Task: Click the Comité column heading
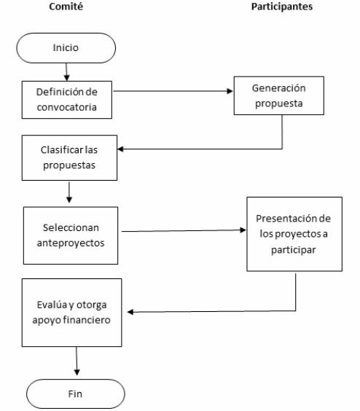pyautogui.click(x=66, y=7)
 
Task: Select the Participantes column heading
pyautogui.click(x=282, y=7)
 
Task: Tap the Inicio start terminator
pyautogui.click(x=66, y=48)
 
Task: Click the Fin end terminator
pyautogui.click(x=76, y=394)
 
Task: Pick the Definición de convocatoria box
pyautogui.click(x=67, y=100)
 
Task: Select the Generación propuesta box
pyautogui.click(x=278, y=95)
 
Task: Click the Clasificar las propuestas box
pyautogui.click(x=69, y=157)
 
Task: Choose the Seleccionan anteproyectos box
pyautogui.click(x=71, y=235)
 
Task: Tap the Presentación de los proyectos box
pyautogui.click(x=294, y=234)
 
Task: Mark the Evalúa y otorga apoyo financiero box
pyautogui.click(x=72, y=313)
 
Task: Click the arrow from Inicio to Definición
pyautogui.click(x=66, y=72)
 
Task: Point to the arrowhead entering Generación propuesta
pyautogui.click(x=230, y=91)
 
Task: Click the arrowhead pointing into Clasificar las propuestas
pyautogui.click(x=120, y=149)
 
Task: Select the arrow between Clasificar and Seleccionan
pyautogui.click(x=69, y=192)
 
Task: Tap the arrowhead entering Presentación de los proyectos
pyautogui.click(x=243, y=230)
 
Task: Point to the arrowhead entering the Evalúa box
pyautogui.click(x=130, y=312)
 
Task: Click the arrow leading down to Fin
pyautogui.click(x=77, y=361)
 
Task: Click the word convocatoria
pyautogui.click(x=66, y=107)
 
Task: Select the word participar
pyautogui.click(x=294, y=250)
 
